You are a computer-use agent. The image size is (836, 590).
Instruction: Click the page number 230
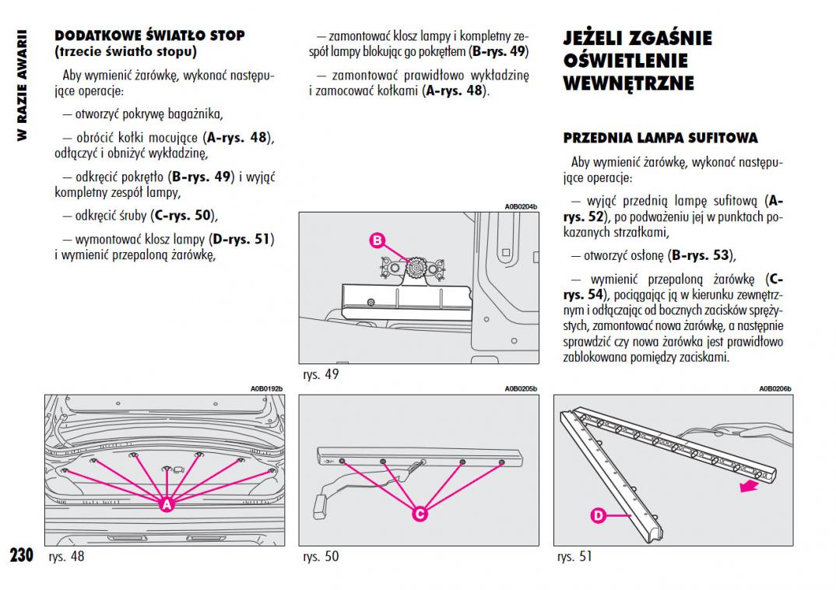pyautogui.click(x=21, y=555)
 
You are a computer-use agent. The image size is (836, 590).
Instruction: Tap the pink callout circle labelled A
pyautogui.click(x=166, y=505)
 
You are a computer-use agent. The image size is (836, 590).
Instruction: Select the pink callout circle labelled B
pyautogui.click(x=378, y=241)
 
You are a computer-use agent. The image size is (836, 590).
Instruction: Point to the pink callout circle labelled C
pyautogui.click(x=419, y=514)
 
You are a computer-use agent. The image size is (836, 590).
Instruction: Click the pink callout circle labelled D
pyautogui.click(x=598, y=514)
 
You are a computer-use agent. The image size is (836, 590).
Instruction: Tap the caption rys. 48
pyautogui.click(x=66, y=557)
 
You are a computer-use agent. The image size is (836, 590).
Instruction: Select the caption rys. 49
pyautogui.click(x=321, y=374)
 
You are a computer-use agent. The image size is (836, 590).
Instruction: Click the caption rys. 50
pyautogui.click(x=321, y=557)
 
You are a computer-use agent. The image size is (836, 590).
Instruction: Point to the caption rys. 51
pyautogui.click(x=574, y=557)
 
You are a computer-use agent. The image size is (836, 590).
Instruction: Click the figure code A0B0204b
pyautogui.click(x=521, y=207)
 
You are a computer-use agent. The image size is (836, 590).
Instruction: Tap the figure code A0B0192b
pyautogui.click(x=266, y=388)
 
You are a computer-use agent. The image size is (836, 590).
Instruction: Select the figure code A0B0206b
pyautogui.click(x=775, y=388)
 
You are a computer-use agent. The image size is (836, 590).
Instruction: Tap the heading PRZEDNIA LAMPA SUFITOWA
pyautogui.click(x=660, y=138)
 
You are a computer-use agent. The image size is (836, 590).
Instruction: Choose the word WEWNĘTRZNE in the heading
pyautogui.click(x=628, y=83)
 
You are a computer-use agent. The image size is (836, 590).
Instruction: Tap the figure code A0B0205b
pyautogui.click(x=521, y=388)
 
